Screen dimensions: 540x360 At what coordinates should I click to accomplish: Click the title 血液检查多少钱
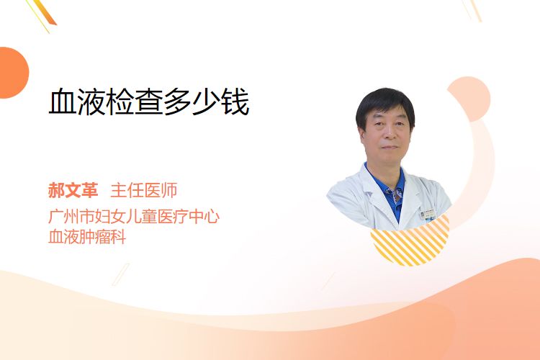(149, 102)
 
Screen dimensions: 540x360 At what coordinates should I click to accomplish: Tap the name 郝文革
(73, 190)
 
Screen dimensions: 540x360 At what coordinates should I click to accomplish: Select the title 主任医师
(144, 190)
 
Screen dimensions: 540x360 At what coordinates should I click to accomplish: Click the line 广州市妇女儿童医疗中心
(134, 216)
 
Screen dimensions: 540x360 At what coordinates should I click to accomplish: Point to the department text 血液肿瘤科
(87, 237)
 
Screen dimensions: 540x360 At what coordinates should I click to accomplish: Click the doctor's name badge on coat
(428, 215)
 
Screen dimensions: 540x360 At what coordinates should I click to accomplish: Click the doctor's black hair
(385, 104)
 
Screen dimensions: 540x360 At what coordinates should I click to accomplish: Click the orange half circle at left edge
(13, 73)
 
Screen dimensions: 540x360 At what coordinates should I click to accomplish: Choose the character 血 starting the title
(63, 102)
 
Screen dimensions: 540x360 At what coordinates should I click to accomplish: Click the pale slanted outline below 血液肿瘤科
(121, 274)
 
